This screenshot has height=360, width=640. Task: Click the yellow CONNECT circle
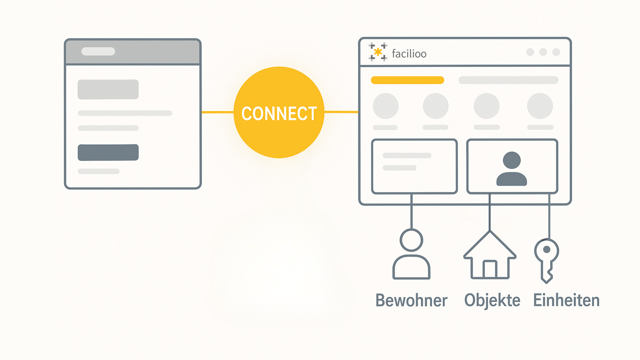click(279, 112)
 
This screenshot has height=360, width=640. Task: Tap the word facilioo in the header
click(409, 54)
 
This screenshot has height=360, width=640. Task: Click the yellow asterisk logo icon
click(378, 52)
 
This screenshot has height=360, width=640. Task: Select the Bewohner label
click(412, 300)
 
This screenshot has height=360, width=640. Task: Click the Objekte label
click(492, 301)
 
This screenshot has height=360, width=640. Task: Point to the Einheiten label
click(566, 300)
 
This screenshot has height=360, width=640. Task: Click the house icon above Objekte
click(490, 255)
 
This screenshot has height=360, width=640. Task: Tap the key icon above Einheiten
click(546, 260)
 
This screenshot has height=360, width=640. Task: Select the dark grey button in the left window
click(108, 152)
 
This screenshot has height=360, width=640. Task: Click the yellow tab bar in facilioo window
click(408, 80)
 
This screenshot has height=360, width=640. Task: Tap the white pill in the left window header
click(98, 52)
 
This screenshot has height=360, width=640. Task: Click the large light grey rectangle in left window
click(108, 90)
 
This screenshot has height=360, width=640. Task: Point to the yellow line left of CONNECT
click(218, 112)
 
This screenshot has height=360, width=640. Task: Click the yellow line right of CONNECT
click(341, 112)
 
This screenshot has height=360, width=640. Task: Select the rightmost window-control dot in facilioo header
click(556, 52)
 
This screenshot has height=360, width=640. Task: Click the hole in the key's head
click(546, 250)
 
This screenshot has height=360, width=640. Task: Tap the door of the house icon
click(490, 269)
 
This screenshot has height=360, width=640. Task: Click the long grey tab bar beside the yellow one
click(508, 80)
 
